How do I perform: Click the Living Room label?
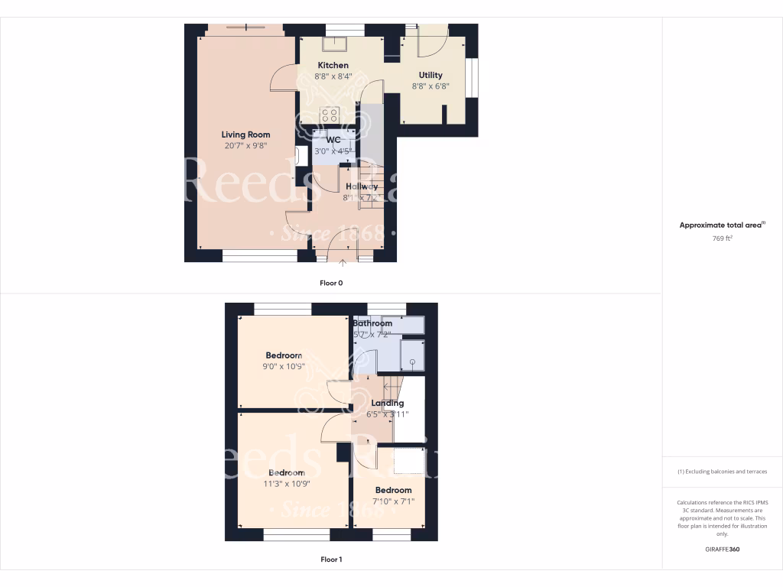point(245,135)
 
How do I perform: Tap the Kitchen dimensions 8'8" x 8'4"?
point(333,76)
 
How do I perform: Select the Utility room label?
point(430,75)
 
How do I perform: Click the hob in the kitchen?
point(330,116)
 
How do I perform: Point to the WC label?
point(333,140)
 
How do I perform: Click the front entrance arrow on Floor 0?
point(343,264)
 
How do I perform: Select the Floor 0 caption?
point(331,283)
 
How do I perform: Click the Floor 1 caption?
point(331,559)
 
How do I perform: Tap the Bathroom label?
point(372,323)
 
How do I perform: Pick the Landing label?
point(387,403)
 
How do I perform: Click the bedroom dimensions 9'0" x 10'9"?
point(284,367)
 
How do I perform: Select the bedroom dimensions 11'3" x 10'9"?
point(286,484)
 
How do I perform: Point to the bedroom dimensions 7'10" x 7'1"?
point(393,501)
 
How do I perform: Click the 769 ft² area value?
point(723,238)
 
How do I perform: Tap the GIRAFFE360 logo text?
point(723,549)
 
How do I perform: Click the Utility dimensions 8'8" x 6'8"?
point(430,86)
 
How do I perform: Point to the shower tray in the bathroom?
point(413,355)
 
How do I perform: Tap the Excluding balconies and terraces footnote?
point(723,472)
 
